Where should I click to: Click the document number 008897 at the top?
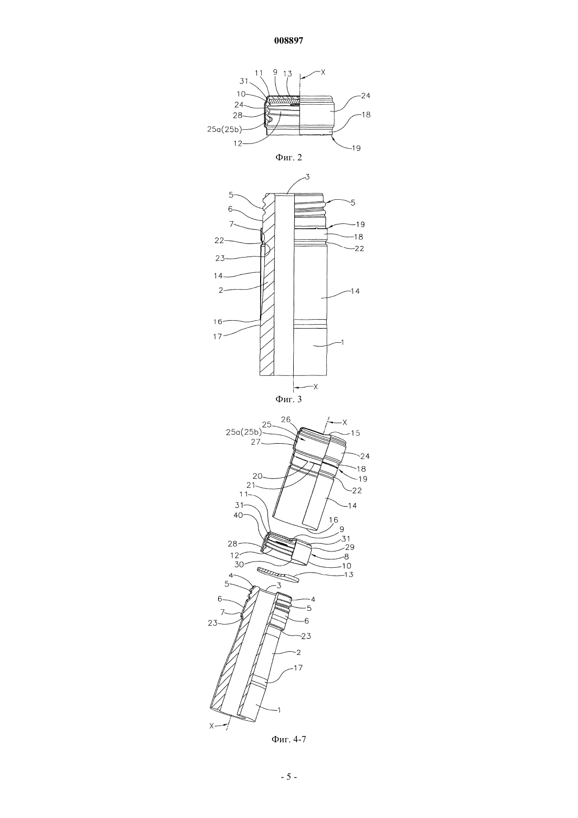pos(288,41)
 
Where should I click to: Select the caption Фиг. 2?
pos(288,157)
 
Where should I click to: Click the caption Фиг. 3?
pos(288,399)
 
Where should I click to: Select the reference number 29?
pos(349,547)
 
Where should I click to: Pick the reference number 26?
pos(286,420)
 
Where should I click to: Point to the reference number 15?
pos(355,433)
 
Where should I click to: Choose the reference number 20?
pos(257,476)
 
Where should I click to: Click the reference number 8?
pos(346,557)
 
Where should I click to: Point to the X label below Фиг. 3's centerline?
pos(316,386)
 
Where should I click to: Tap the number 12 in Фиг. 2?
pos(238,144)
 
